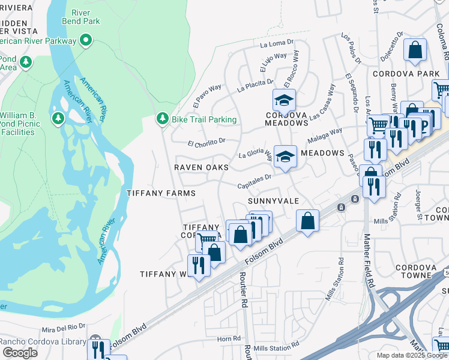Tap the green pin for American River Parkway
click(86, 41)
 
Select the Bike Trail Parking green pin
click(161, 119)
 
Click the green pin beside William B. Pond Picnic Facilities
click(58, 118)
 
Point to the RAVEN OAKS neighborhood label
click(201, 167)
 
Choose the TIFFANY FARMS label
click(161, 193)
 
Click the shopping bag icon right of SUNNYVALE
click(307, 220)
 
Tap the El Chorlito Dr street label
click(206, 143)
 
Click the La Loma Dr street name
click(277, 43)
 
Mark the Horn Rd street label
click(229, 339)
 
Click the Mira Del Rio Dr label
click(64, 328)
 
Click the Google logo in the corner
click(20, 353)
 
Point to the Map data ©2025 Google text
click(412, 355)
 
